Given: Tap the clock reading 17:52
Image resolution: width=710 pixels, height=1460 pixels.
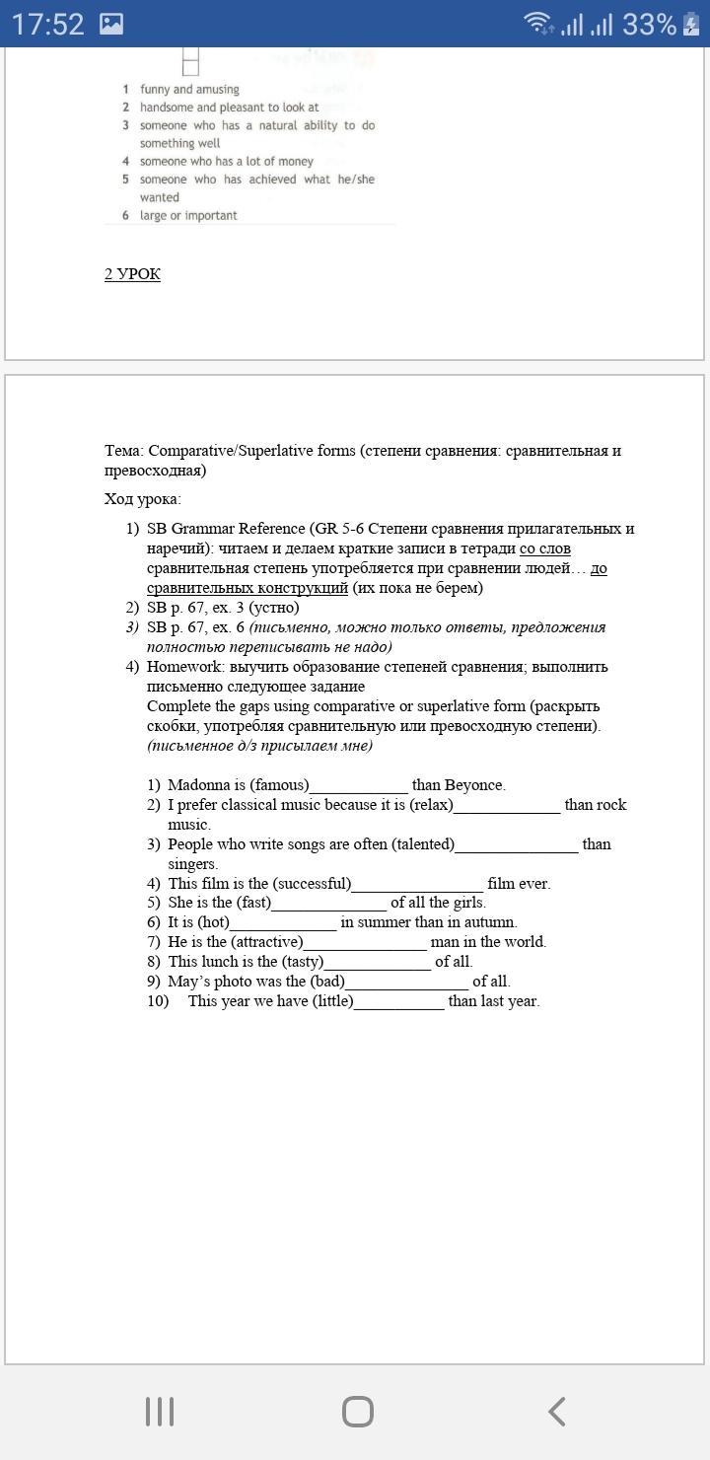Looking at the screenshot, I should [x=48, y=25].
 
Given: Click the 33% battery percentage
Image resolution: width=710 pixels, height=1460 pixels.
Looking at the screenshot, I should [x=649, y=25].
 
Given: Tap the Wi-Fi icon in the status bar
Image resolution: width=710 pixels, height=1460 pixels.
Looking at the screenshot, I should [x=538, y=24].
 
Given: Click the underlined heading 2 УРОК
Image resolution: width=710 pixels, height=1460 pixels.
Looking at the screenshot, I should [x=132, y=274].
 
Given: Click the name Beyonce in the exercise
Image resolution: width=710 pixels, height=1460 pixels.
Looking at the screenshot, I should [x=474, y=785].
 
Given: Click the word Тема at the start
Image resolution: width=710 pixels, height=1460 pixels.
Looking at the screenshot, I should [x=123, y=451].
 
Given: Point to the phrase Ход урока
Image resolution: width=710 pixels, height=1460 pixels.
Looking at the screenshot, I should [x=142, y=499].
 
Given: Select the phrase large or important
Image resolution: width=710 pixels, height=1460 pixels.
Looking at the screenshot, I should [x=188, y=215].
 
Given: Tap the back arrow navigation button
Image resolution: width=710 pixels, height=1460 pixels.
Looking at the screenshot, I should [x=556, y=1412].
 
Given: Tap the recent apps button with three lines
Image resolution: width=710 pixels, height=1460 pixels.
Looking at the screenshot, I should [x=160, y=1412].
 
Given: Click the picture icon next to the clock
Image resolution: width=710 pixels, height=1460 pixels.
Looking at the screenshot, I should [x=111, y=25].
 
